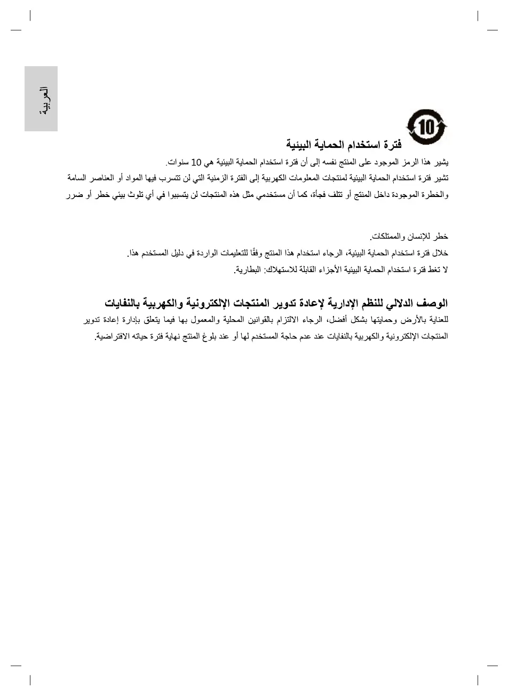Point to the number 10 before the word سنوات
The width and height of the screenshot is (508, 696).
click(x=196, y=162)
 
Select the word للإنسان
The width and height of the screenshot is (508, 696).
click(x=417, y=236)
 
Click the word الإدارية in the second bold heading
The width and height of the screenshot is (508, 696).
click(x=342, y=303)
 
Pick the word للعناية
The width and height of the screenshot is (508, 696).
click(x=438, y=320)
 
